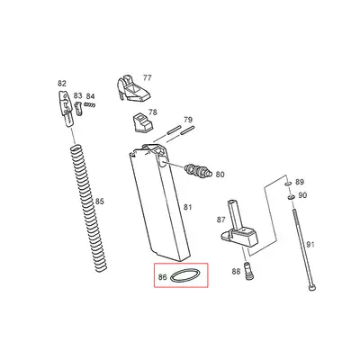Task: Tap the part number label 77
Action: tap(148, 78)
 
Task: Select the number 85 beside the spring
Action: tap(100, 202)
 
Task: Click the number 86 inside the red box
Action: tap(163, 278)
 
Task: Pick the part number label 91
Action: tap(310, 245)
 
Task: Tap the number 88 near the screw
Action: tap(236, 271)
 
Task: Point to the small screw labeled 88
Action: tap(249, 272)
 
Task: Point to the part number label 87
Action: tap(220, 220)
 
